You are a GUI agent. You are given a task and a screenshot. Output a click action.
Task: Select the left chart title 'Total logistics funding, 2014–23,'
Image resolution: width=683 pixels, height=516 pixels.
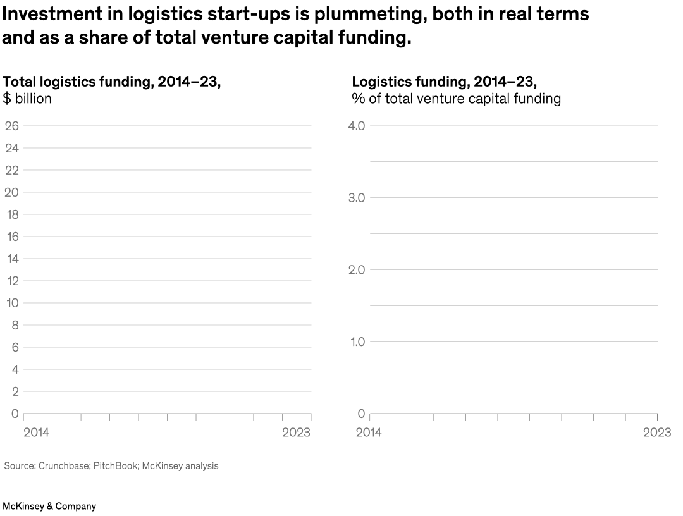[x=112, y=82]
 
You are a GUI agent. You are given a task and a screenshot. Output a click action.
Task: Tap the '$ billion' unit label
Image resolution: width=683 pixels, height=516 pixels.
[x=27, y=99]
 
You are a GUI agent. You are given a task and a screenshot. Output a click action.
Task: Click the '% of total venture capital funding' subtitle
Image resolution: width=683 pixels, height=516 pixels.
[x=456, y=99]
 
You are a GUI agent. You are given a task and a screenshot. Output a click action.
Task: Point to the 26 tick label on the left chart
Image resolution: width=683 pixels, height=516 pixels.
[x=11, y=126]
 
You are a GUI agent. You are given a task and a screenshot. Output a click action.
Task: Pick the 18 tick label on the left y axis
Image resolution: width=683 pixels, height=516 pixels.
[x=11, y=214]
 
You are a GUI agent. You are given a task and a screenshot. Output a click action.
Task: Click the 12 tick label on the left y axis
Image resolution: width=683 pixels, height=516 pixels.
[x=11, y=281]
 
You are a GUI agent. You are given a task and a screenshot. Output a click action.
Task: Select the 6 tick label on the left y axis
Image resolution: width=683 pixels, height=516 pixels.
[x=15, y=347]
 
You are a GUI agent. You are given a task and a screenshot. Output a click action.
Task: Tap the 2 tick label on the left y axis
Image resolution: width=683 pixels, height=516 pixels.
[x=15, y=391]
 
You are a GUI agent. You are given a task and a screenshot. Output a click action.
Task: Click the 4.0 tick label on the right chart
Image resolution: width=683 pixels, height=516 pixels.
[x=357, y=126]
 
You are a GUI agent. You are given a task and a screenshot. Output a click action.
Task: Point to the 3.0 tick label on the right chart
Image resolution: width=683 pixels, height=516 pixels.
[x=357, y=198]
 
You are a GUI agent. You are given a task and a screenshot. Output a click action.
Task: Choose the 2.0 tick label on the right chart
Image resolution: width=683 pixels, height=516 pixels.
[x=357, y=270]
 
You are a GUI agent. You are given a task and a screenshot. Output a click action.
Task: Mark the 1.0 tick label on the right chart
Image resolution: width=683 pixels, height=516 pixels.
[x=357, y=342]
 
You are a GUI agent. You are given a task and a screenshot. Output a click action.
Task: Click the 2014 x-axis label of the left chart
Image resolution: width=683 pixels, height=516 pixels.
[x=37, y=433]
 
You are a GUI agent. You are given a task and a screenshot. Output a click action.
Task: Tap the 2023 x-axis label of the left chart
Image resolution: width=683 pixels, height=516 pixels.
[x=297, y=433]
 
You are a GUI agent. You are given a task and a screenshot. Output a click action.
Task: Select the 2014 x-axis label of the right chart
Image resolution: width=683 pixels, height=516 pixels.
[x=369, y=433]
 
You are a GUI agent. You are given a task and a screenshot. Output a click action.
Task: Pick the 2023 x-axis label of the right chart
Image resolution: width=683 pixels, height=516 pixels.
[x=657, y=433]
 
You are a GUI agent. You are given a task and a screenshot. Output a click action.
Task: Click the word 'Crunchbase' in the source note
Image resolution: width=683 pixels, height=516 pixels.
[x=62, y=466]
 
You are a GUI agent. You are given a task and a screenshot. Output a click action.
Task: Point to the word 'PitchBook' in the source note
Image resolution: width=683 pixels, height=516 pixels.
[x=115, y=466]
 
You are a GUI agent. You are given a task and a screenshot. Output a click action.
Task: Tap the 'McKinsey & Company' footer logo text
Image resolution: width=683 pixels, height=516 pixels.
[x=49, y=506]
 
